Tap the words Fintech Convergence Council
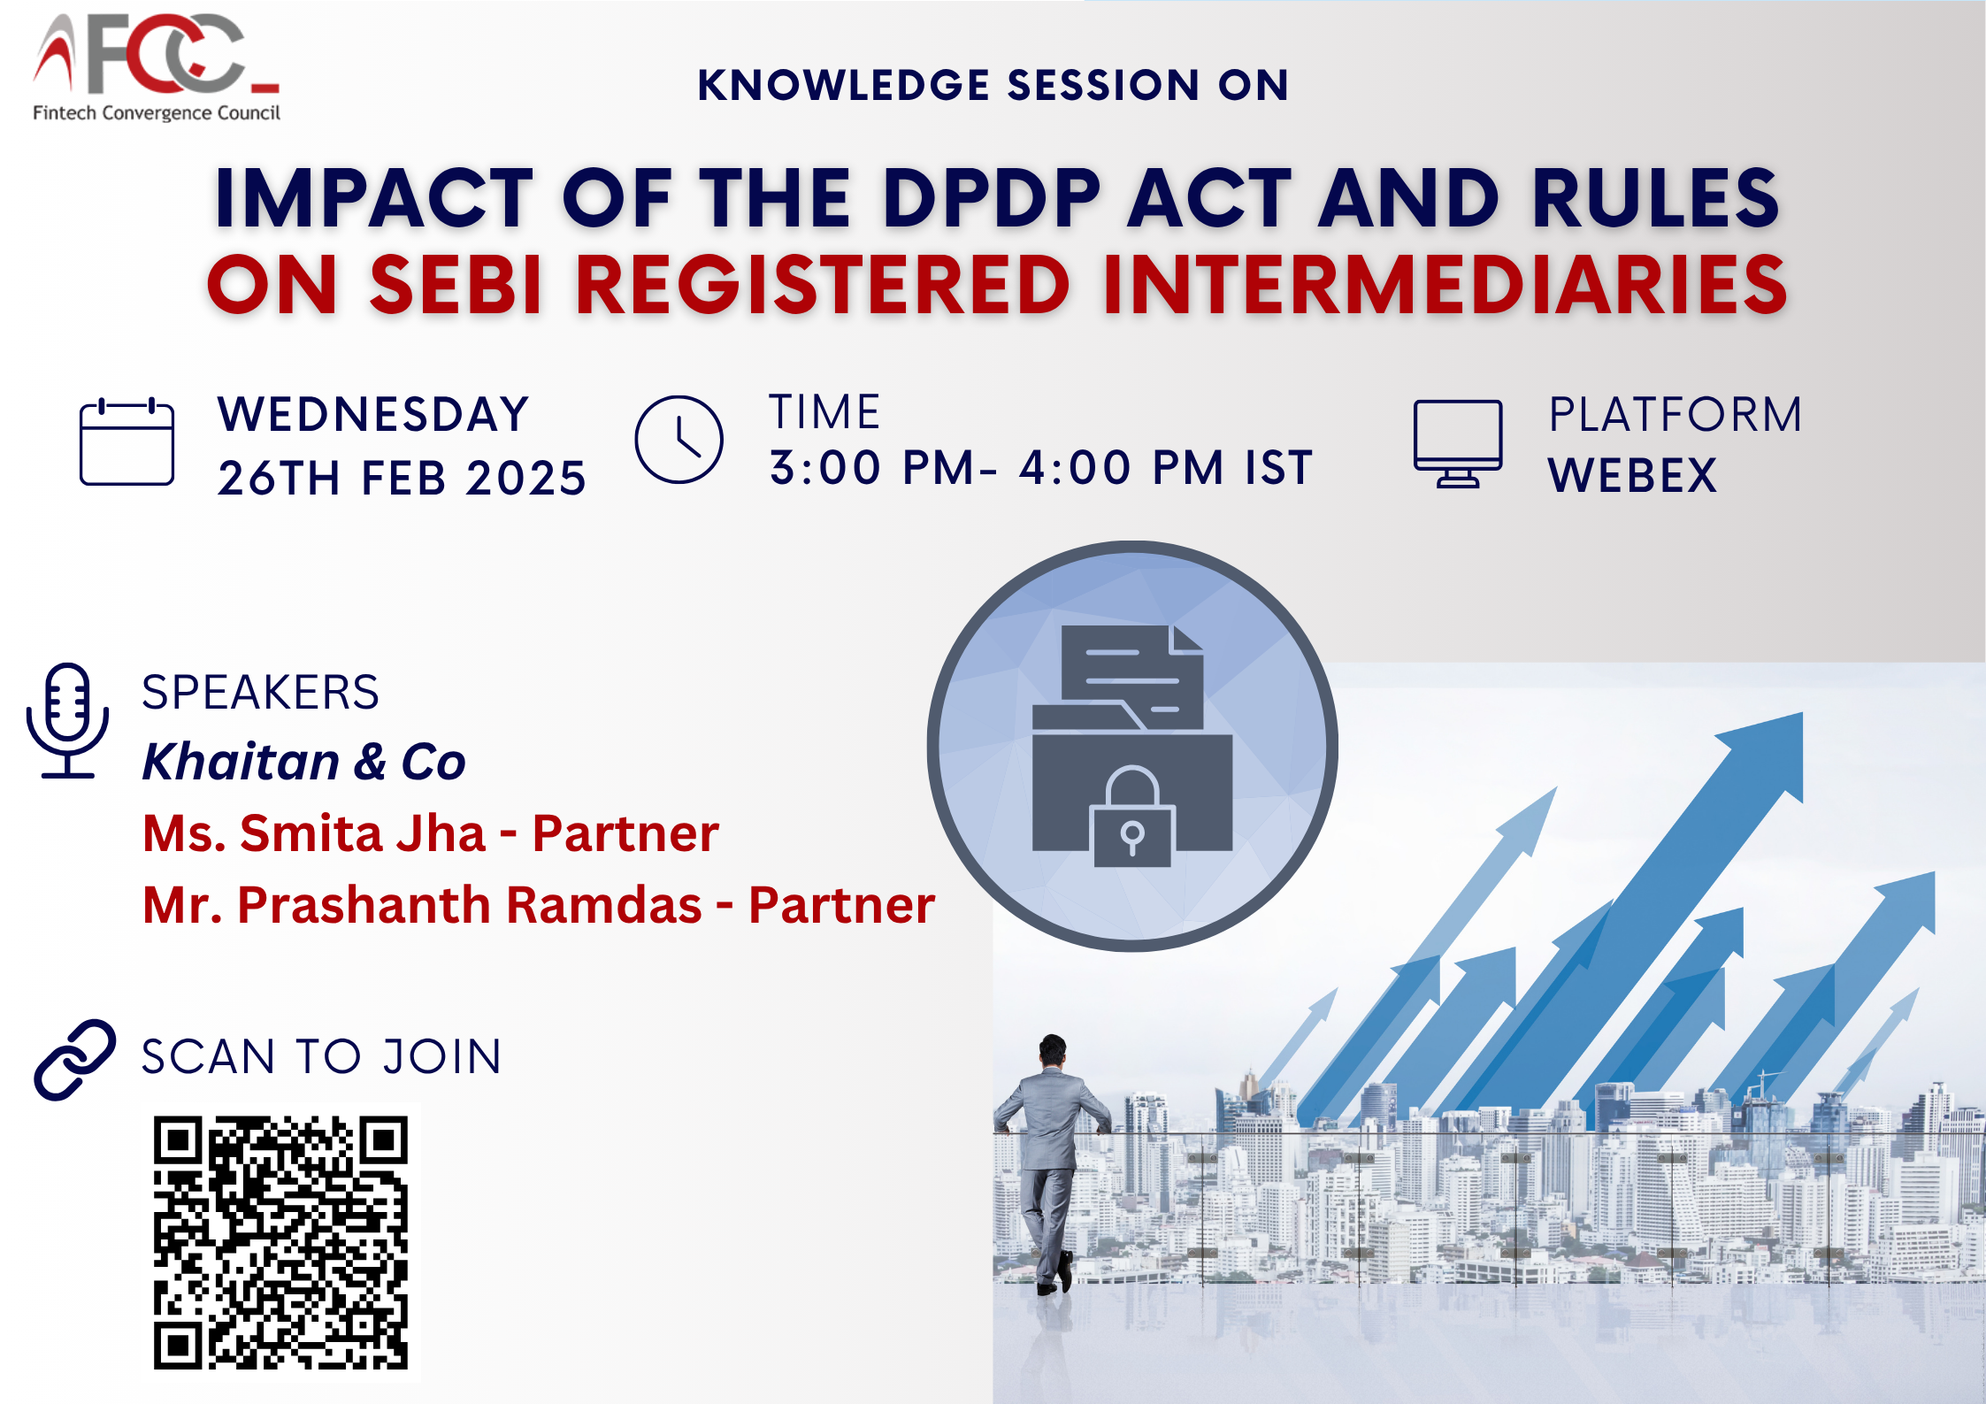157,113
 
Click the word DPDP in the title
992,198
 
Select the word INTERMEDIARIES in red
1445,285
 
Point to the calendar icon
127,441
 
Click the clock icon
679,440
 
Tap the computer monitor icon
1457,443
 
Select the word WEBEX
1632,476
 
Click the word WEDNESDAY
373,414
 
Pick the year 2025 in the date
525,479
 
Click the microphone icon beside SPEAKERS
68,720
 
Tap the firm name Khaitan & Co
303,762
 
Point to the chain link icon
75,1060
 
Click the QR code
280,1243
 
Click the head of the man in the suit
1053,1050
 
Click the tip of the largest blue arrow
1802,714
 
